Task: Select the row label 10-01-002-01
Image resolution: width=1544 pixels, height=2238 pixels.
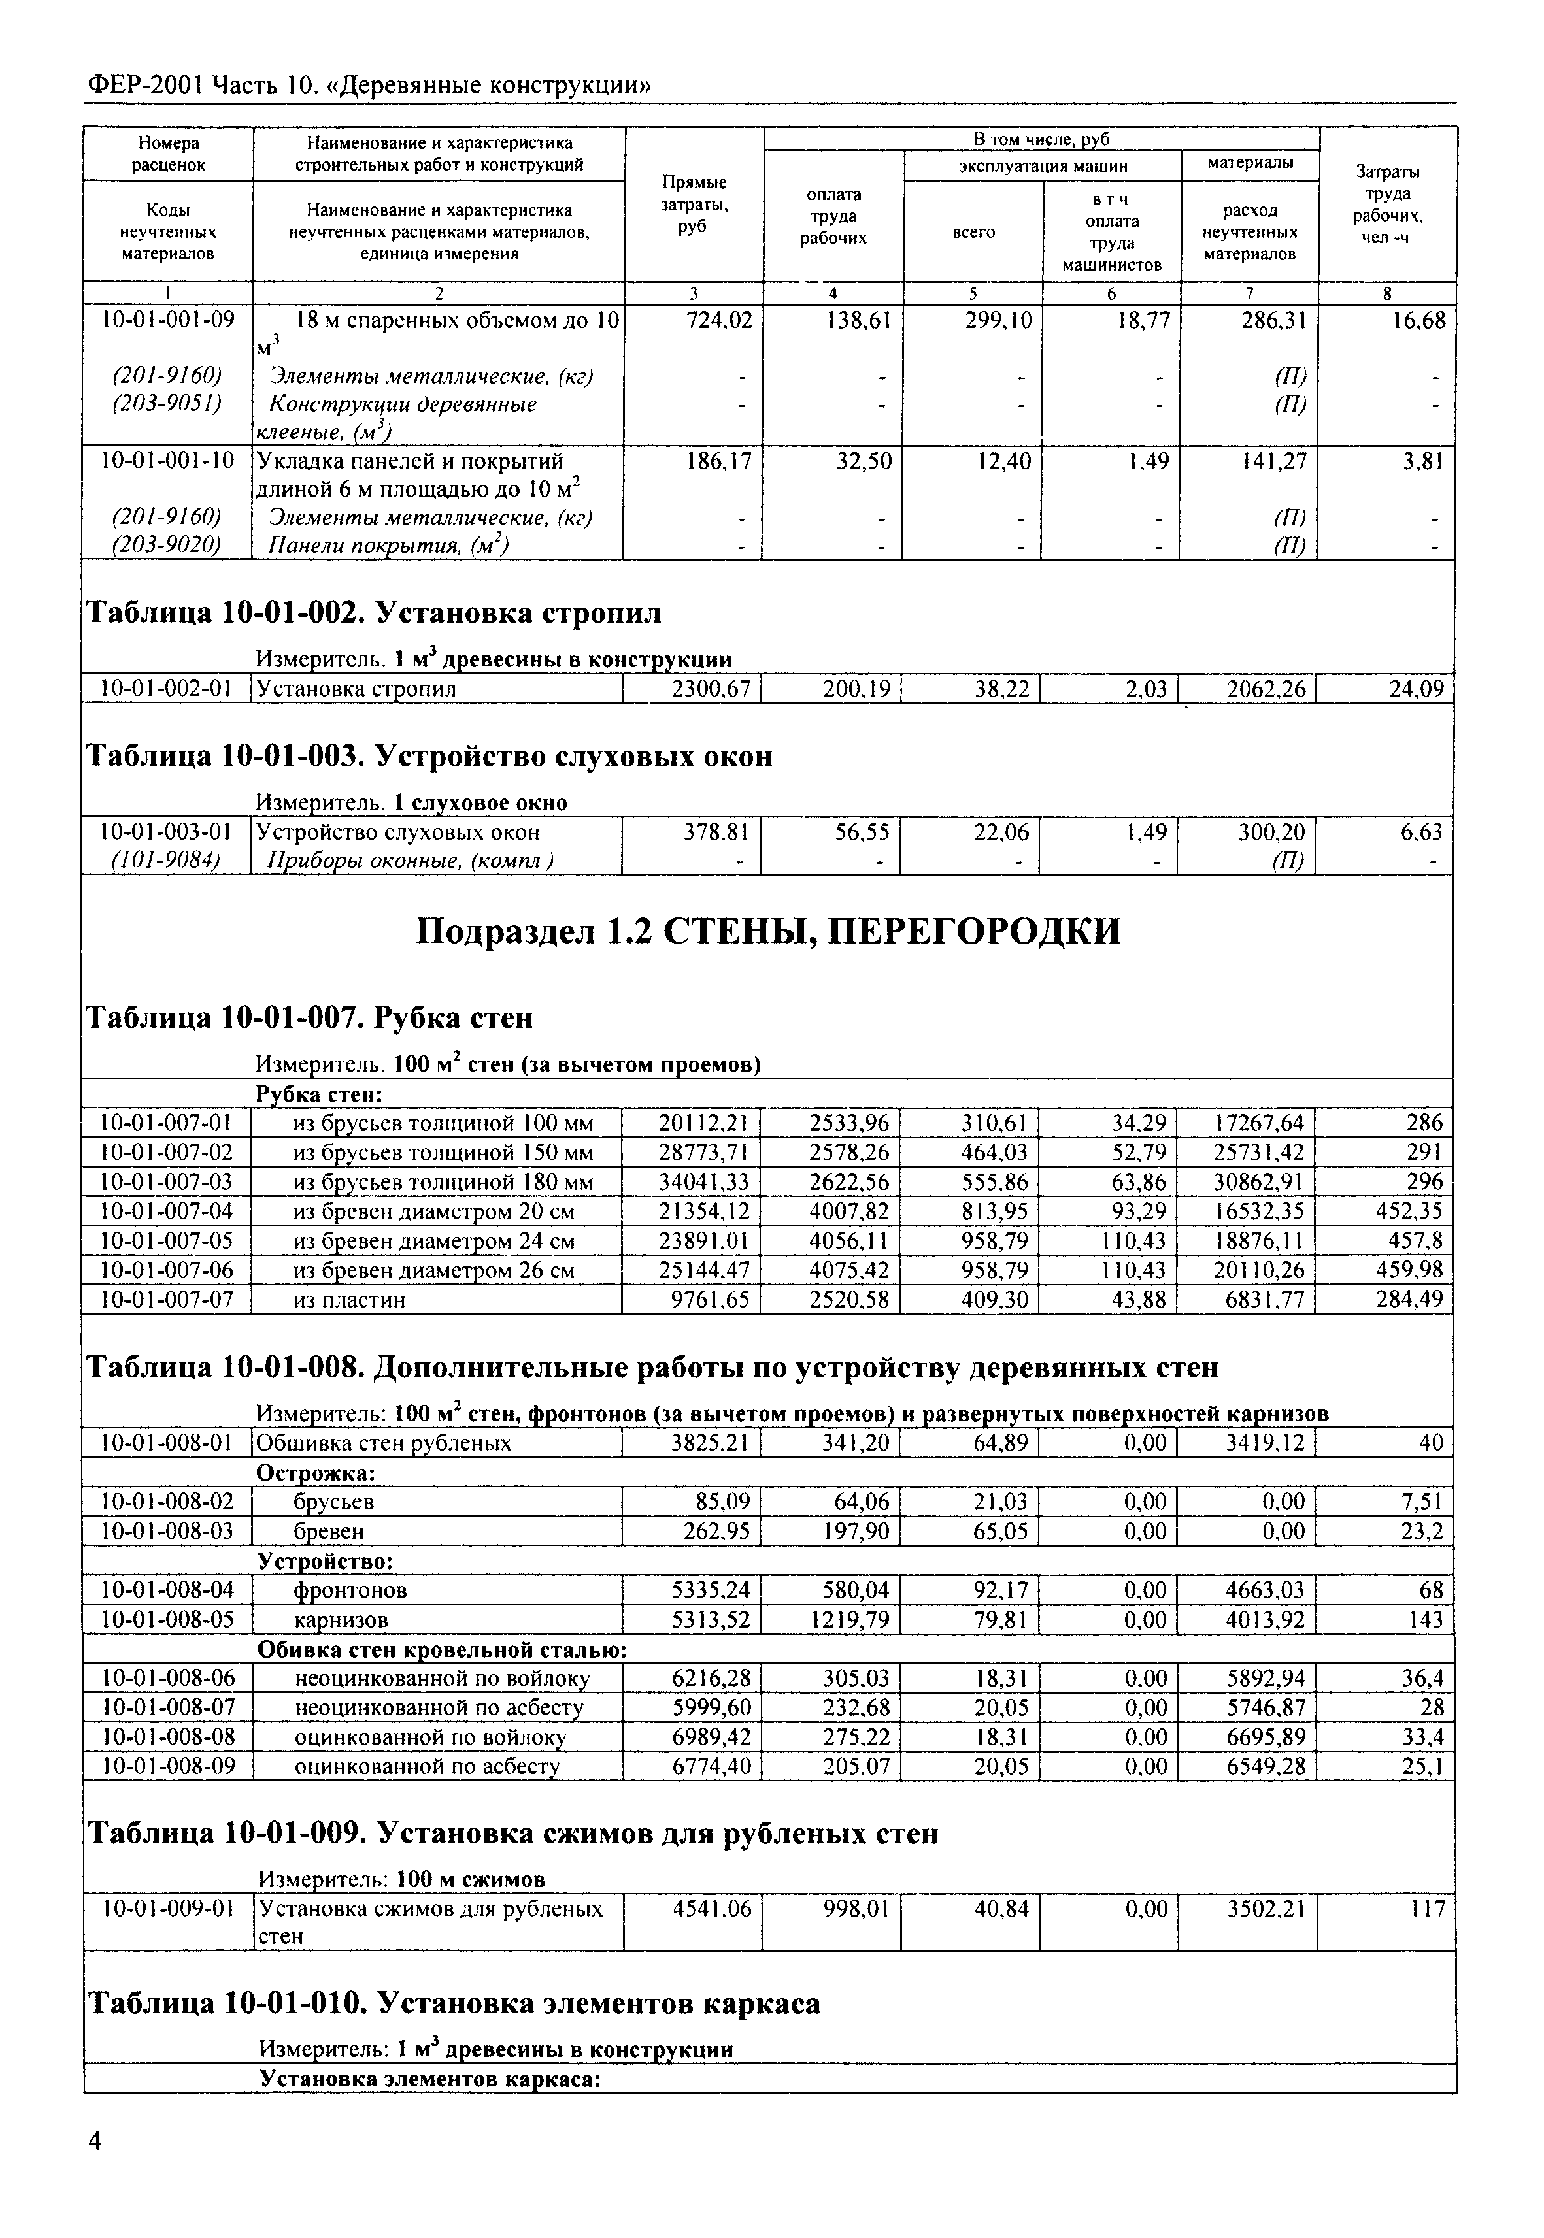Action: [167, 689]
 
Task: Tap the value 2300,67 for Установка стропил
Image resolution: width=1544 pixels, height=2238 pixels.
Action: [711, 689]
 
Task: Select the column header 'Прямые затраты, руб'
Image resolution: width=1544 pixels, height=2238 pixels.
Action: [694, 204]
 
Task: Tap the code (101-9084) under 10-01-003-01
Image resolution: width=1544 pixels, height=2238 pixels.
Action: [167, 860]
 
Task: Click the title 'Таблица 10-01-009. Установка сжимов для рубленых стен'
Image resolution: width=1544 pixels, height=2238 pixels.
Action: [512, 1833]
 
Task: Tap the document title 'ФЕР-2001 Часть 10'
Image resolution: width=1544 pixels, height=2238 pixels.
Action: [367, 86]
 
